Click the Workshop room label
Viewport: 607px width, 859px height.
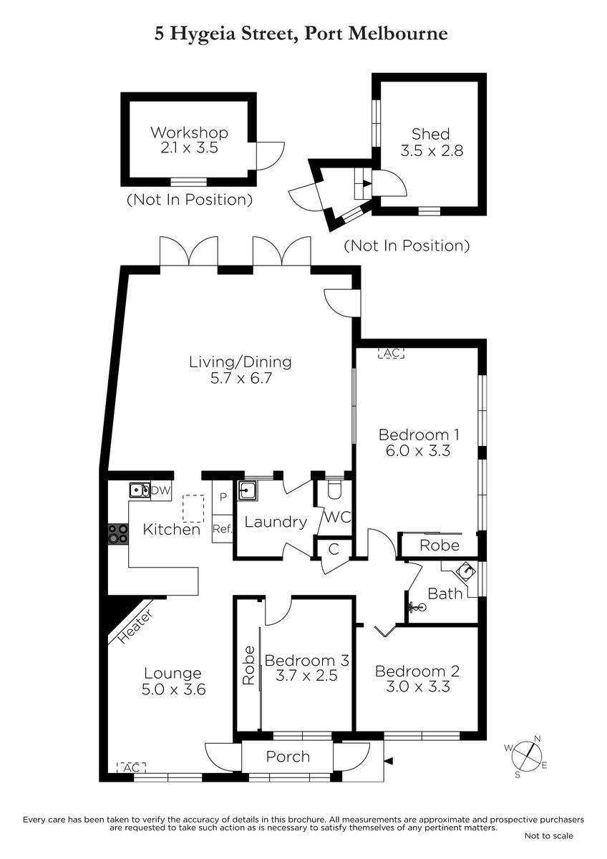coord(189,132)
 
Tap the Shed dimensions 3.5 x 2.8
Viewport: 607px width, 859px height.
coord(432,150)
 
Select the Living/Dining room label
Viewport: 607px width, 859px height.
coord(241,362)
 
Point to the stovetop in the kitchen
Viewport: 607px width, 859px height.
coord(117,534)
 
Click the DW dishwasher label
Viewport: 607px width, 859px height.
coord(160,490)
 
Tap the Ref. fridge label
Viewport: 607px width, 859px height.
coord(223,529)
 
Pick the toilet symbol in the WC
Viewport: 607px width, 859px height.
coord(334,490)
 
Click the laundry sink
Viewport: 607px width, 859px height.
coord(248,491)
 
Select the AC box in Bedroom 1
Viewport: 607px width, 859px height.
coord(391,353)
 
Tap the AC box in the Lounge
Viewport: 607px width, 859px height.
coord(132,767)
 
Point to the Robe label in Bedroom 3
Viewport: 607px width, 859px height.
coord(248,665)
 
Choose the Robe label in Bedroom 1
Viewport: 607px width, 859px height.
coord(440,545)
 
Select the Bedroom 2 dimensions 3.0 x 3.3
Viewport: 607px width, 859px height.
coord(417,686)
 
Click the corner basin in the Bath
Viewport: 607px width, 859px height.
coord(466,572)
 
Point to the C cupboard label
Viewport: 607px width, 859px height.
coord(334,550)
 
